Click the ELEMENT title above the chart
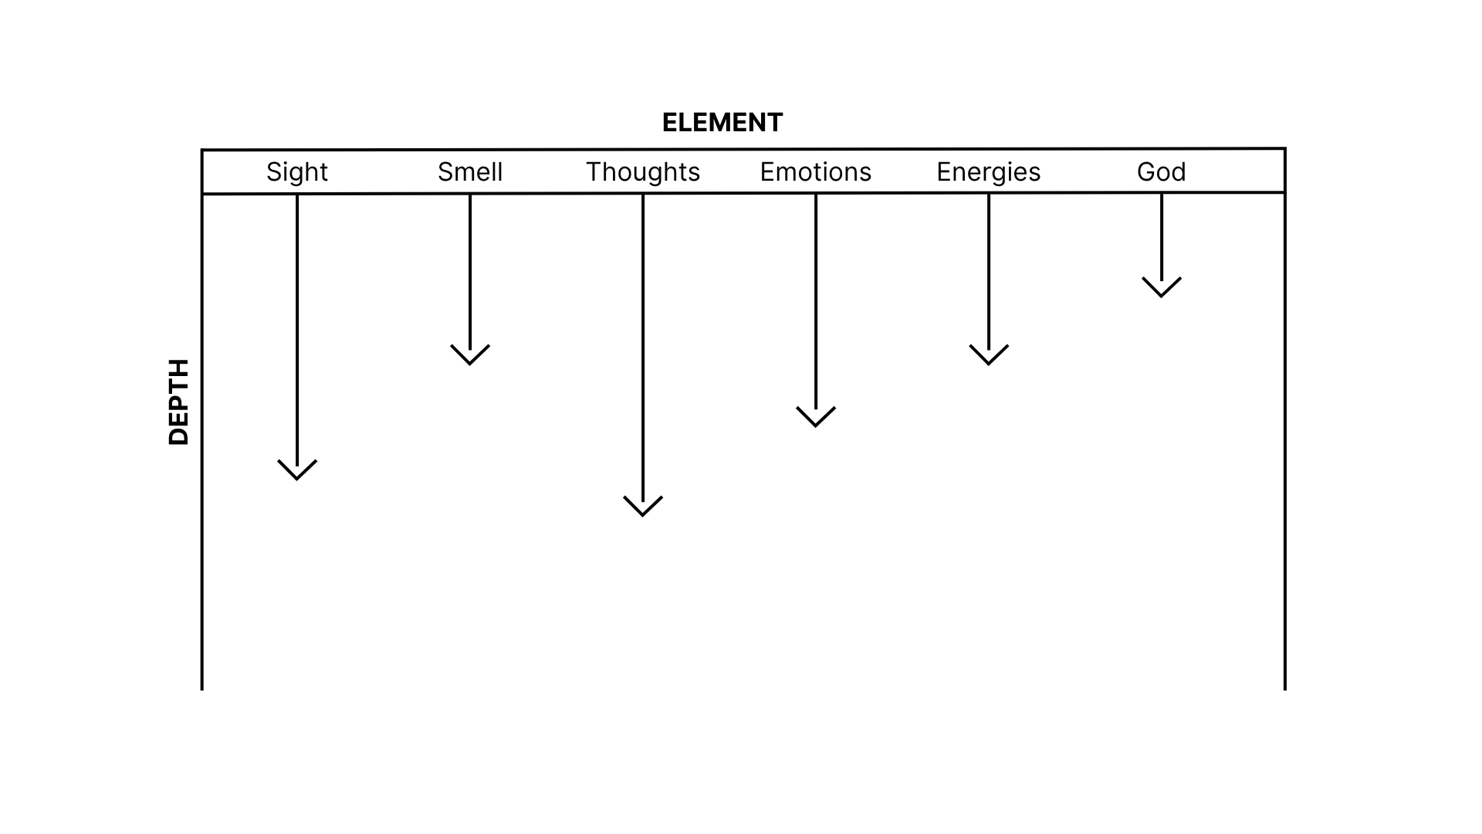[722, 123]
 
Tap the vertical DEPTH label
[179, 402]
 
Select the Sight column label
[297, 171]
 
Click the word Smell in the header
[470, 171]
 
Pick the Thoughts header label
[643, 171]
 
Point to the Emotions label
[816, 171]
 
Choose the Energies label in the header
[989, 171]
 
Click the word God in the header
[1162, 171]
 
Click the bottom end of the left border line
[202, 688]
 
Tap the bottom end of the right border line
[1285, 688]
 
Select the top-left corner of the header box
[202, 151]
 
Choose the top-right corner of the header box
[1285, 149]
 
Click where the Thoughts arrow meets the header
[643, 195]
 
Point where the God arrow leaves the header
[1162, 194]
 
